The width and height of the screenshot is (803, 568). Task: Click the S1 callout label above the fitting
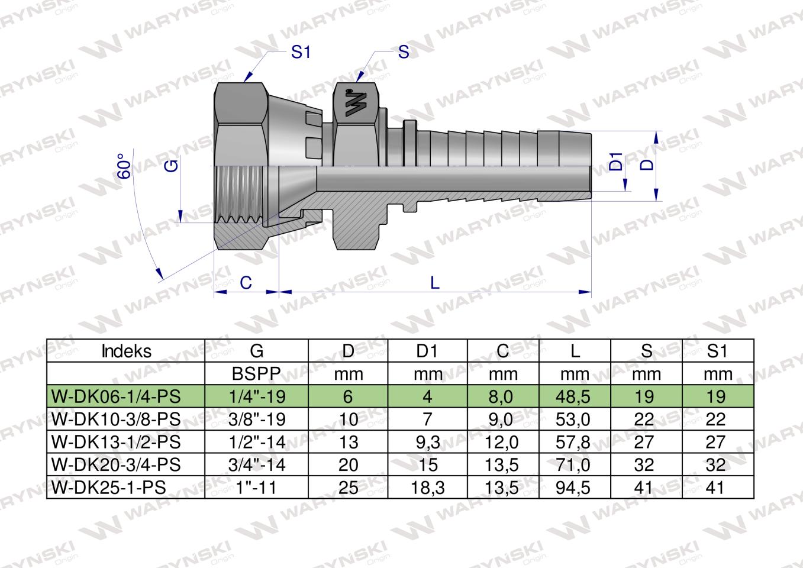coord(301,52)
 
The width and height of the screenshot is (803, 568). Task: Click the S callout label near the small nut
coord(404,52)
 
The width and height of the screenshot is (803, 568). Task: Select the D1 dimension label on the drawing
coord(616,162)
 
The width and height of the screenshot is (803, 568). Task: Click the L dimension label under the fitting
coord(435,283)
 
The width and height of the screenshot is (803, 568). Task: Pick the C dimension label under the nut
coord(246,283)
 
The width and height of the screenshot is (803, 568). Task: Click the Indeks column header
coord(126,351)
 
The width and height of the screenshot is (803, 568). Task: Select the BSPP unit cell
coord(257,374)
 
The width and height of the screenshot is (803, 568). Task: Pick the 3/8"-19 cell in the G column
coord(257,419)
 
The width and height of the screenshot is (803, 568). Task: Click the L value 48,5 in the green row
coord(574,396)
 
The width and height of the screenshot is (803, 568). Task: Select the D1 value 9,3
coord(427,442)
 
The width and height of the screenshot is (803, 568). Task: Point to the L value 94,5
coord(574,487)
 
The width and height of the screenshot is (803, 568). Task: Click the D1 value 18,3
coord(427,487)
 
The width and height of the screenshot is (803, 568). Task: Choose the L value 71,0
coord(574,464)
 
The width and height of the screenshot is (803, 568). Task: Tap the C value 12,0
coord(502,442)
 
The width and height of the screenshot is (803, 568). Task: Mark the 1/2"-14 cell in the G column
coord(257,442)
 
